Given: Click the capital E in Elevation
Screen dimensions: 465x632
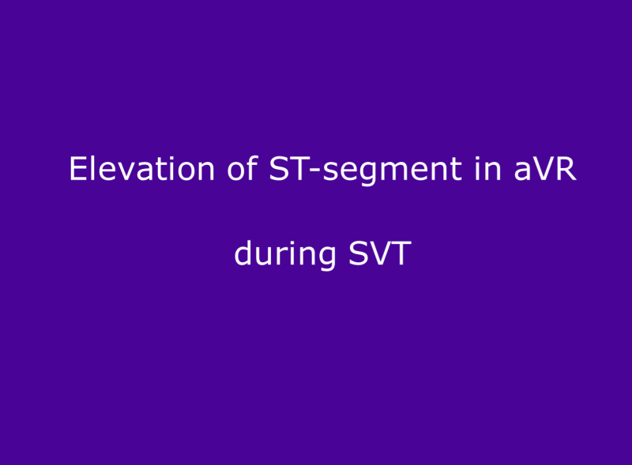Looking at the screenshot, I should click(77, 169).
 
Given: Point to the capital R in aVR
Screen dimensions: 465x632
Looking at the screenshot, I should click(566, 169).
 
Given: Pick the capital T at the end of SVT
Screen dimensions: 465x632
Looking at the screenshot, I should click(402, 254).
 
